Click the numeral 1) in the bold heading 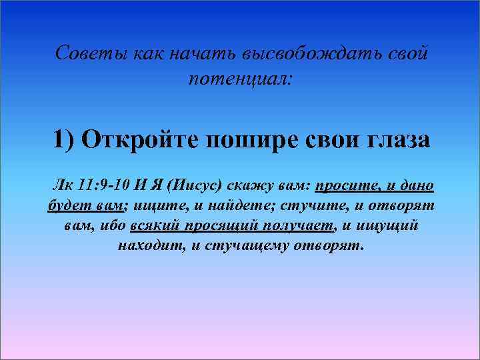point(65,141)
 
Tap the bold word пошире point(251,141)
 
